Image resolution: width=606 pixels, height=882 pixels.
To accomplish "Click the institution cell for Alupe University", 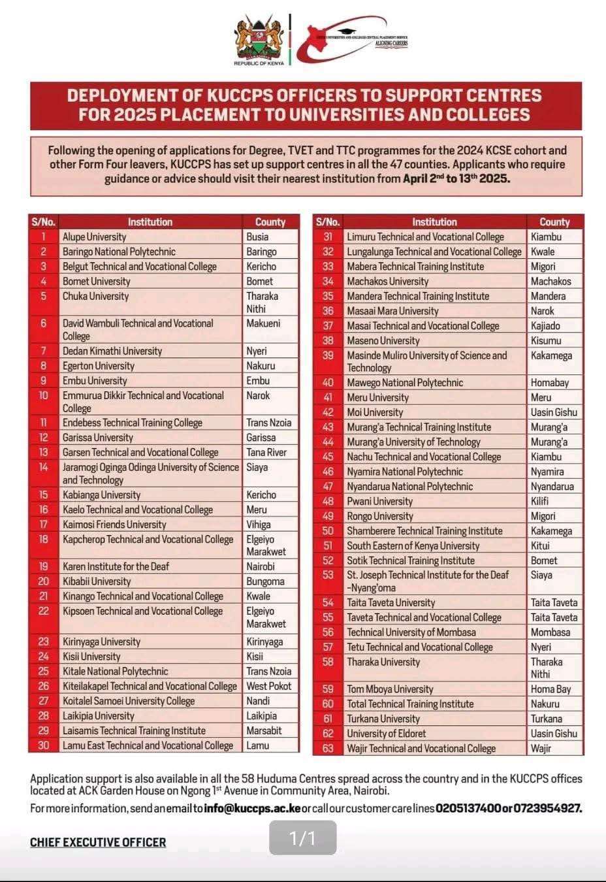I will [x=95, y=237].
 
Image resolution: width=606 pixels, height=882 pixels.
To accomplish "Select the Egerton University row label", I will [x=99, y=366].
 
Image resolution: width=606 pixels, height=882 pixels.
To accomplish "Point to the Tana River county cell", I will [x=266, y=452].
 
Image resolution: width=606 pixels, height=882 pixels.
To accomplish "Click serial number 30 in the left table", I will [x=44, y=745].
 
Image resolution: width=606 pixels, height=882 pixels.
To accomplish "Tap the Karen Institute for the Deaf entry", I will [x=116, y=566].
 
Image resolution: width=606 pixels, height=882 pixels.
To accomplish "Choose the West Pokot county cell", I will [x=269, y=686].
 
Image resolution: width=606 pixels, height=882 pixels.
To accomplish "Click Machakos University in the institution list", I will [x=388, y=282].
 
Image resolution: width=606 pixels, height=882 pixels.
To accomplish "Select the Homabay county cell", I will [x=550, y=383].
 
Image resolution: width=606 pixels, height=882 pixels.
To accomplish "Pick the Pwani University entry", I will [x=380, y=501].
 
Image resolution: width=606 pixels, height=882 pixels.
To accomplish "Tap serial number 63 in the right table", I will [x=328, y=749].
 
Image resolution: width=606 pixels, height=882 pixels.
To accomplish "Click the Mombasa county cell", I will [x=550, y=632].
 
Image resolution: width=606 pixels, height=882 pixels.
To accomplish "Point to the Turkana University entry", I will [x=383, y=719].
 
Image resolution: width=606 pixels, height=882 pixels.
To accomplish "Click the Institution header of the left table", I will [x=150, y=222].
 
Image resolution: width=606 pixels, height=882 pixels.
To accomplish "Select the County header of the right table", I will [x=554, y=222].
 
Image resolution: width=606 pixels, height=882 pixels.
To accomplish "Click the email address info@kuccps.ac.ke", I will [x=253, y=809].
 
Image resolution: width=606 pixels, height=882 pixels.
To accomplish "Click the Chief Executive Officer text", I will [x=98, y=843].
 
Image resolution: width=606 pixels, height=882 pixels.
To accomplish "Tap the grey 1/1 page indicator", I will [x=303, y=838].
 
